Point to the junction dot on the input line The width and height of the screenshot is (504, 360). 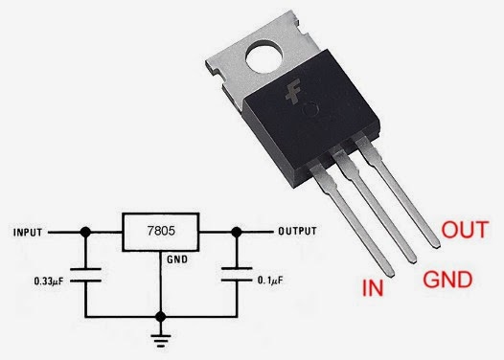click(x=87, y=232)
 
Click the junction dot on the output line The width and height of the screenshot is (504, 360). click(x=236, y=232)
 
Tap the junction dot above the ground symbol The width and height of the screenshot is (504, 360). click(x=162, y=315)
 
